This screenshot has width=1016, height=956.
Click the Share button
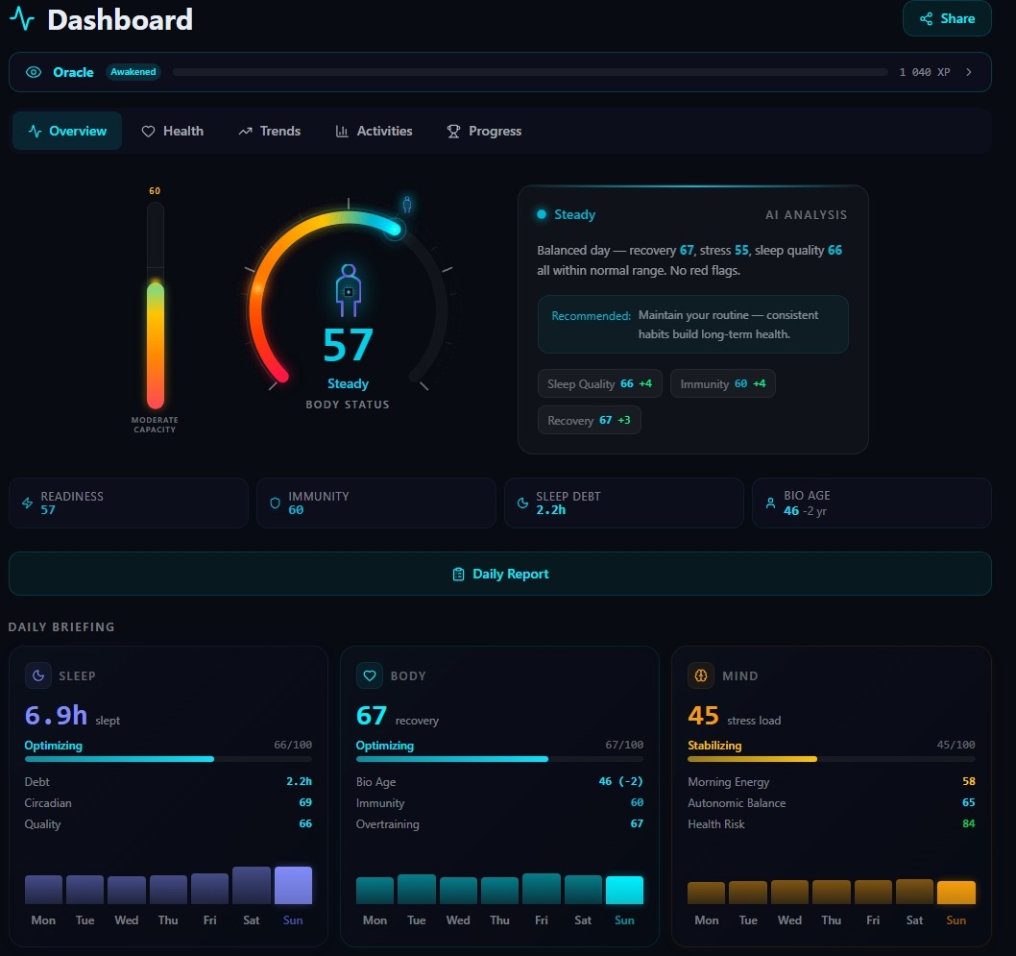pyautogui.click(x=946, y=18)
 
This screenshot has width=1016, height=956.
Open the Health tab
pyautogui.click(x=173, y=131)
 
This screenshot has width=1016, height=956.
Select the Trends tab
pyautogui.click(x=270, y=131)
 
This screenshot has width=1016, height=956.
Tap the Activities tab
pyautogui.click(x=374, y=131)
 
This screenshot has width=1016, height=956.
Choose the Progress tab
pyautogui.click(x=484, y=131)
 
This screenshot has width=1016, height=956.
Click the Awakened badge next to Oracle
pyautogui.click(x=133, y=72)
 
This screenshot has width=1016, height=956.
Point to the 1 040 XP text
pyautogui.click(x=924, y=72)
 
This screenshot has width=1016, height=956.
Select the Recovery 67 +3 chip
pyautogui.click(x=589, y=421)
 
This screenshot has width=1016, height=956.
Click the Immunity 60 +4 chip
pyautogui.click(x=722, y=384)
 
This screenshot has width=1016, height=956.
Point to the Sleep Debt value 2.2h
pyautogui.click(x=550, y=510)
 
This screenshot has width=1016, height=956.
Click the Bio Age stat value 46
pyautogui.click(x=791, y=511)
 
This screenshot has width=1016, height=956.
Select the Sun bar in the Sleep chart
pyautogui.click(x=293, y=885)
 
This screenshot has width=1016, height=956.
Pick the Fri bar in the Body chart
pyautogui.click(x=542, y=889)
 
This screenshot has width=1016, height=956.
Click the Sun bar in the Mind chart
pyautogui.click(x=956, y=893)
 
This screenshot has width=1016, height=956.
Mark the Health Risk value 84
pyautogui.click(x=967, y=824)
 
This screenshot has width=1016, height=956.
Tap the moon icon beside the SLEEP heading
pyautogui.click(x=38, y=675)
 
